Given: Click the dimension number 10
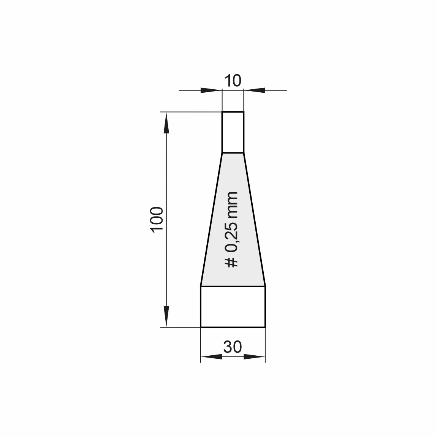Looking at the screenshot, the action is (233, 81).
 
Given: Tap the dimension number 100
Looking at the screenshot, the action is (157, 219).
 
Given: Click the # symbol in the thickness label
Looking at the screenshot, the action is (231, 262).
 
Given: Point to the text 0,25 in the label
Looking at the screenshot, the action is (231, 237).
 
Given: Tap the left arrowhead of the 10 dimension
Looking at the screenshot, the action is (211, 90).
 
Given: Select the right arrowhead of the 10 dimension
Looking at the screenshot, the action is (255, 90).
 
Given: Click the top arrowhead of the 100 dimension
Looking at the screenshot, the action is (166, 123).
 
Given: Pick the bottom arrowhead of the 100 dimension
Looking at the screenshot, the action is (166, 316).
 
